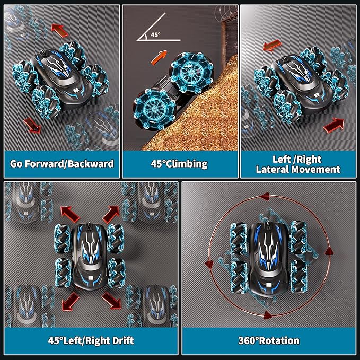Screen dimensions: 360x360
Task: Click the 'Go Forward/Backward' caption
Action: (x=62, y=163)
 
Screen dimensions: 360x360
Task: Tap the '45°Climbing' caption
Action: (x=179, y=163)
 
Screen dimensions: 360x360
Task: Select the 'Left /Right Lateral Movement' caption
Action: (x=297, y=164)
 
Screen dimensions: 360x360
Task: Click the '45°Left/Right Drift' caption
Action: (x=91, y=340)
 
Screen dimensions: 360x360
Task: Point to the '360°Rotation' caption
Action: (x=268, y=340)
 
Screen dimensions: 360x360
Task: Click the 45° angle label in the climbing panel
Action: (x=155, y=34)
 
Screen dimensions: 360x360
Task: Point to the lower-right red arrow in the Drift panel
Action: (x=111, y=300)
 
